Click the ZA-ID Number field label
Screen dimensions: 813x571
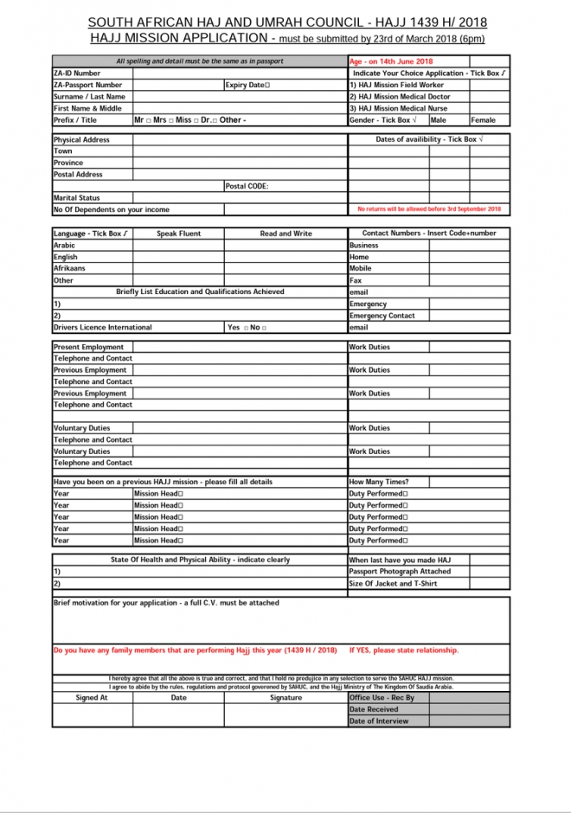tap(77, 74)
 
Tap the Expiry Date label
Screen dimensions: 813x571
tap(247, 86)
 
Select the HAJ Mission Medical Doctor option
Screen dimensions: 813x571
tap(400, 97)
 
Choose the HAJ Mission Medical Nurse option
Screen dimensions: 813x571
tap(398, 109)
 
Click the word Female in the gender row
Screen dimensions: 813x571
tap(483, 120)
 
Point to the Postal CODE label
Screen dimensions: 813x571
tap(247, 186)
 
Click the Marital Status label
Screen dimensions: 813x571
tap(77, 198)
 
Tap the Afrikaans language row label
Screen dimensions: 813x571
tap(69, 269)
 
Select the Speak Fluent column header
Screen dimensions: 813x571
tap(178, 234)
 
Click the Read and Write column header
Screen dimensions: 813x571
tap(285, 234)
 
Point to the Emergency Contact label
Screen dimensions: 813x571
tap(382, 316)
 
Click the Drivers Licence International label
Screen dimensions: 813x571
tap(102, 328)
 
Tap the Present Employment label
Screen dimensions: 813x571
tap(88, 347)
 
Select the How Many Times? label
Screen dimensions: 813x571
tap(379, 482)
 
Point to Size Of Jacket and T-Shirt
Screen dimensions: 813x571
tap(393, 584)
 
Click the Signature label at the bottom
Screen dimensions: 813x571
tap(285, 698)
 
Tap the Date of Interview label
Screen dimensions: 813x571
tap(379, 720)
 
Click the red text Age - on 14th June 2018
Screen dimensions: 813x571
tap(391, 61)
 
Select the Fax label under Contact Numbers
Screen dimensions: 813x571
tap(356, 280)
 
